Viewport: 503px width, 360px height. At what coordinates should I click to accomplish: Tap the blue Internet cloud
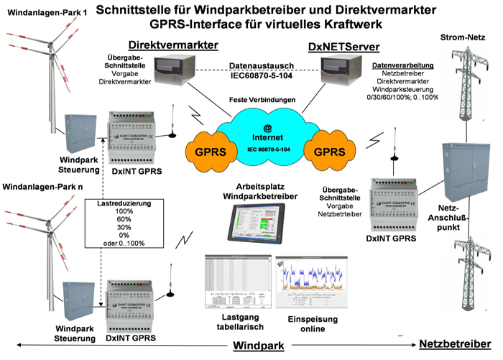(x=272, y=133)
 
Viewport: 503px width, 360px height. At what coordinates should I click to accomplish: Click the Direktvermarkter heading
(x=173, y=45)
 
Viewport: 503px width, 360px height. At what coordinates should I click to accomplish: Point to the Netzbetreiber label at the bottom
(x=456, y=346)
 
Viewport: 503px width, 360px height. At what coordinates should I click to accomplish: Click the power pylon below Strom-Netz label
(x=460, y=86)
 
